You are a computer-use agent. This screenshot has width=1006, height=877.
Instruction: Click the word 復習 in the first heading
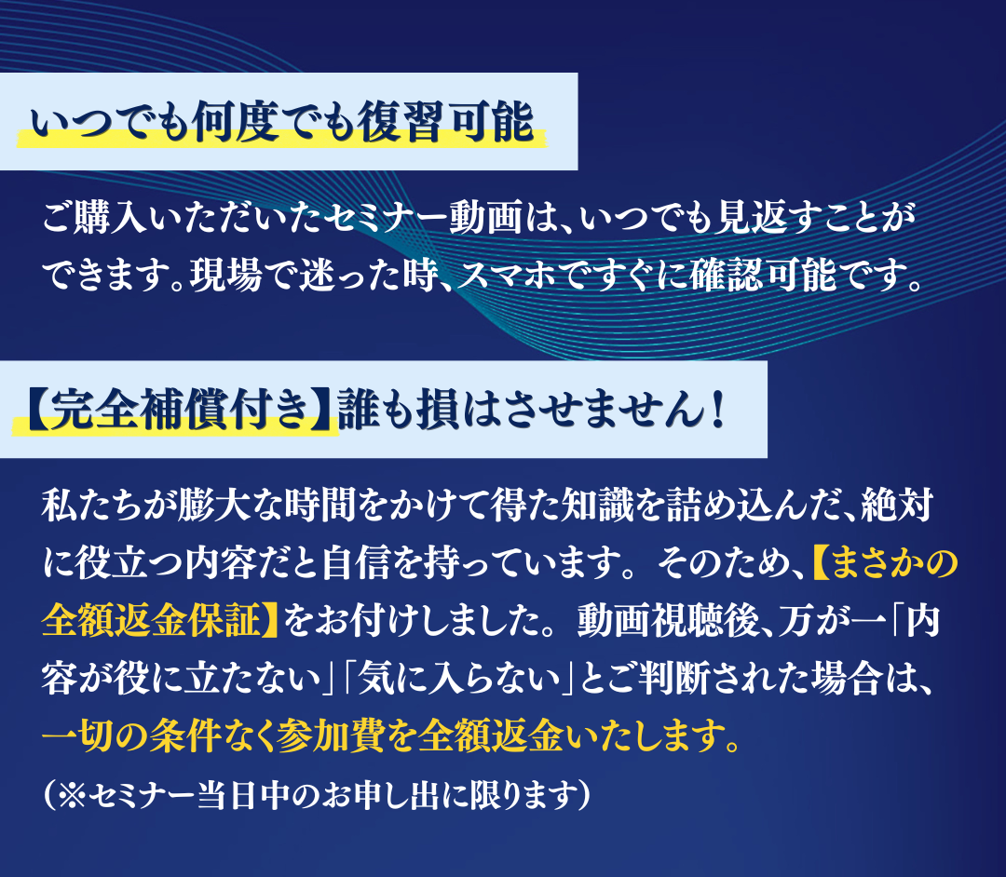pyautogui.click(x=400, y=121)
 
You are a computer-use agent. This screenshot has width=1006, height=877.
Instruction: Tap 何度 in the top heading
pyautogui.click(x=235, y=121)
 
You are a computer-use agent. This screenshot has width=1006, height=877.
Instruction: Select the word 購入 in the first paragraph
pyautogui.click(x=110, y=218)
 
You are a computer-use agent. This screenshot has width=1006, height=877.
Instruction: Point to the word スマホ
pyautogui.click(x=508, y=276)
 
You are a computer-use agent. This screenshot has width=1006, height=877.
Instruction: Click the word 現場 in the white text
pyautogui.click(x=225, y=276)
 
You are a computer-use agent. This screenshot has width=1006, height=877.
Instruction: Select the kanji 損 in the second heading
pyautogui.click(x=438, y=409)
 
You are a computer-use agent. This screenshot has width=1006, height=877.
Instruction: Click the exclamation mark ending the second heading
pyautogui.click(x=717, y=409)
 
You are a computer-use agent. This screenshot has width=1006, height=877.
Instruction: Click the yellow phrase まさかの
pyautogui.click(x=894, y=563)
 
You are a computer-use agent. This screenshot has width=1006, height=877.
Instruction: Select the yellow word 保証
pyautogui.click(x=225, y=620)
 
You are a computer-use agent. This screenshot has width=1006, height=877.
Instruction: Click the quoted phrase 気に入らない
pyautogui.click(x=458, y=679)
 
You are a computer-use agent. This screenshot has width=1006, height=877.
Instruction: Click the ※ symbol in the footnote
pyautogui.click(x=72, y=795)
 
